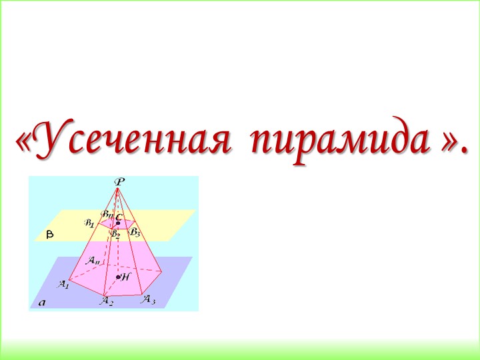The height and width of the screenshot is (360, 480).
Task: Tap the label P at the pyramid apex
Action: (119, 181)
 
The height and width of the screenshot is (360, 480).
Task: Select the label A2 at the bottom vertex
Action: (107, 302)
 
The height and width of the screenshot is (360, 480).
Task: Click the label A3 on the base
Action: (148, 299)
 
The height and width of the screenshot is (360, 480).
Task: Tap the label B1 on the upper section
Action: (89, 223)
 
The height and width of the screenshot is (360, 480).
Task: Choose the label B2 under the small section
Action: (115, 234)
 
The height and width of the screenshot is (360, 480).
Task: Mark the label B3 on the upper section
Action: (135, 232)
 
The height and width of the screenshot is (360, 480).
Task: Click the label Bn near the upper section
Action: (107, 214)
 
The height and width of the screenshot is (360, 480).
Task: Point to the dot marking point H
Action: (118, 277)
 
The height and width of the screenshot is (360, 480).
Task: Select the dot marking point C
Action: (118, 223)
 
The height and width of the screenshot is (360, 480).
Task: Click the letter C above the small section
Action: (118, 217)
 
